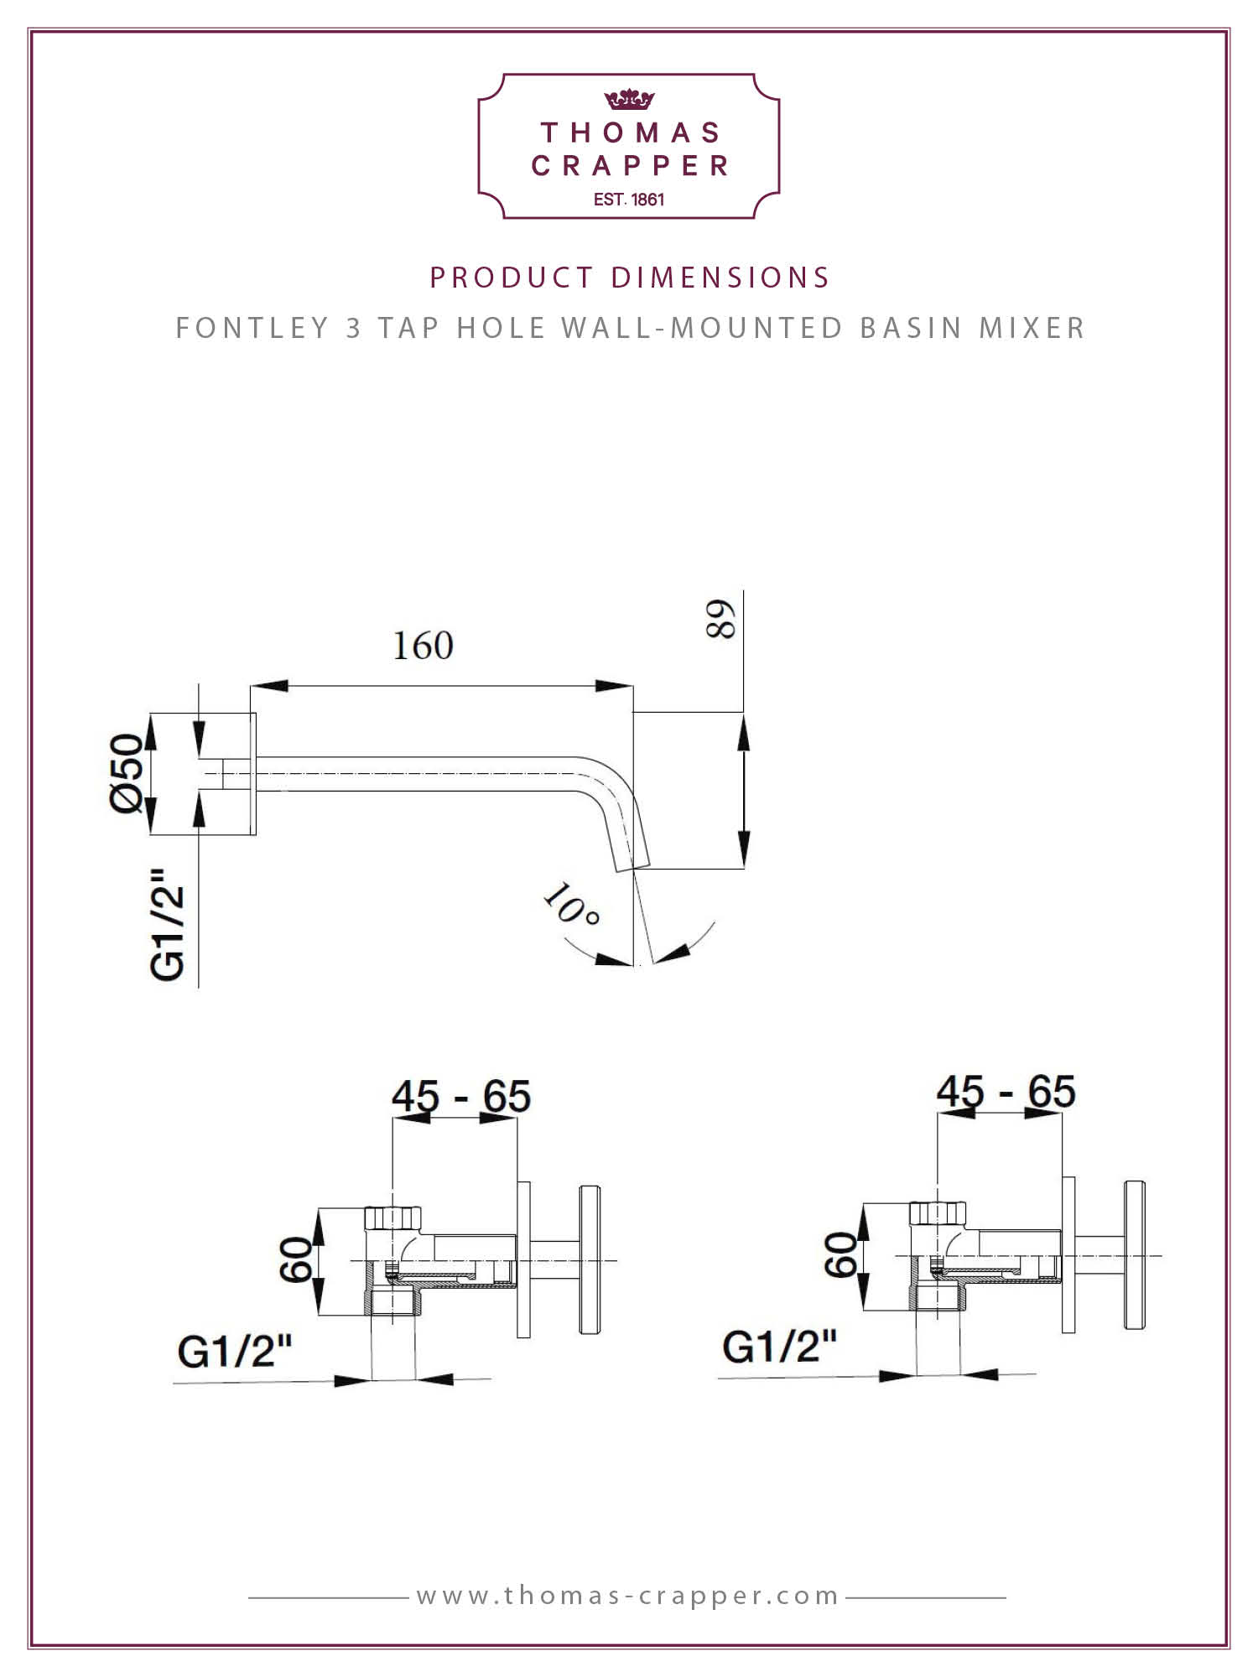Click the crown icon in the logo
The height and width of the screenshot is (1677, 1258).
pos(629,100)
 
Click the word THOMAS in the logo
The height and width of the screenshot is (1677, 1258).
pos(631,132)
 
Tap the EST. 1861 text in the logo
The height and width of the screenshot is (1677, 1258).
pos(629,200)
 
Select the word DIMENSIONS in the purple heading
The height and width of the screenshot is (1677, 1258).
pos(720,278)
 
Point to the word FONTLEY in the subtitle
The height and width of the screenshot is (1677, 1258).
pos(252,328)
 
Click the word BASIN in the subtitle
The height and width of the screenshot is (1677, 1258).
pos(912,328)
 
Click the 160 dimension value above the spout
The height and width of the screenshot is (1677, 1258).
pos(424,646)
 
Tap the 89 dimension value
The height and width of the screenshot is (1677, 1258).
pos(721,619)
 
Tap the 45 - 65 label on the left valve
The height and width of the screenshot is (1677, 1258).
pos(461,1096)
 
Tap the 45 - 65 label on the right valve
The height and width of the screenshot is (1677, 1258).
pos(1006,1092)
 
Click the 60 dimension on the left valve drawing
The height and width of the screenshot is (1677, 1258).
pos(297,1259)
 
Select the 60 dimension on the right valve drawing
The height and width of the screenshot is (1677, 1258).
pos(842,1255)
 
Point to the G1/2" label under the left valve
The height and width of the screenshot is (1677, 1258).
pos(235,1351)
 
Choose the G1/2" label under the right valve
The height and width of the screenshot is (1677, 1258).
pos(780,1347)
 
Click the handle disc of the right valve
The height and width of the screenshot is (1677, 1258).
pos(1135,1255)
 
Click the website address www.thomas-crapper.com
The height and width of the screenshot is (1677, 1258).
pos(628,1596)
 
